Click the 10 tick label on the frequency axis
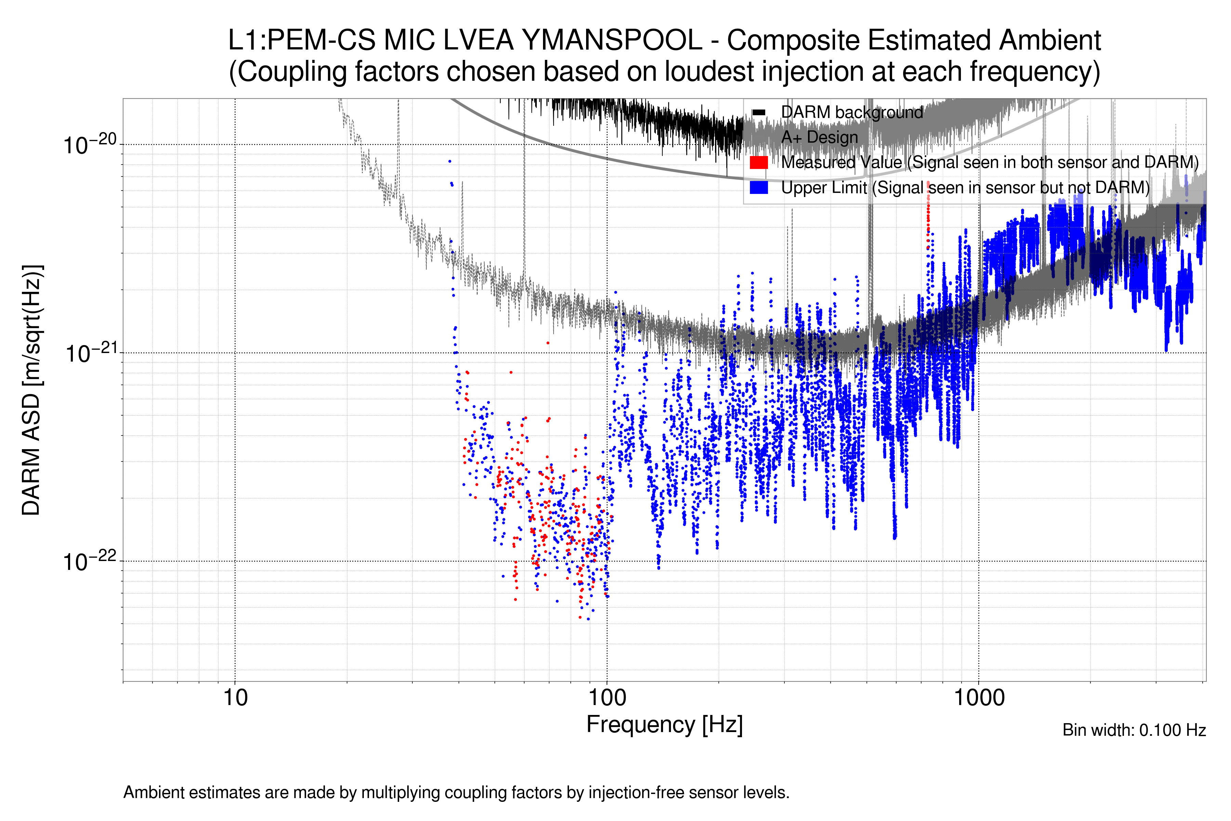(x=235, y=698)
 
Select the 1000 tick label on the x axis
(x=979, y=698)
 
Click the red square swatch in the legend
(x=758, y=162)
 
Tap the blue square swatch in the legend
(x=758, y=187)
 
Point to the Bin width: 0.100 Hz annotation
(x=1134, y=730)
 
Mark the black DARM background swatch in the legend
(x=758, y=113)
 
